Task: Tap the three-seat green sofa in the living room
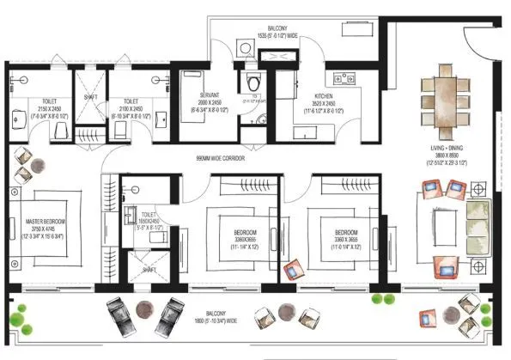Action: point(475,217)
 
